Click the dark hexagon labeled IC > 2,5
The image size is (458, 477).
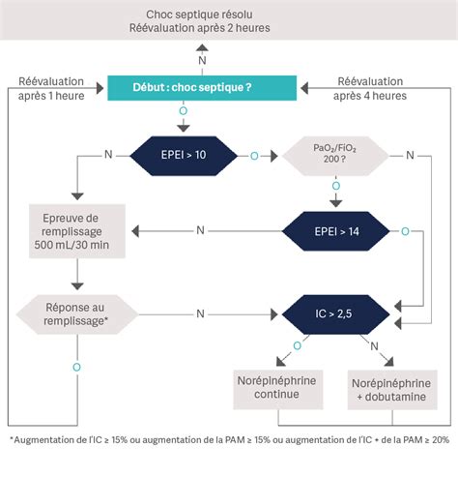point(333,313)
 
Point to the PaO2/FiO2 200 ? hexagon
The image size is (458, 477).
point(333,154)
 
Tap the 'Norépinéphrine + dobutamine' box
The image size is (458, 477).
point(392,388)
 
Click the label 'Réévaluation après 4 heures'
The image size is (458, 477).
point(370,88)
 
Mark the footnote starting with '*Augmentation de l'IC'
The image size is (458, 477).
point(229,439)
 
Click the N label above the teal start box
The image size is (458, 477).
point(202,60)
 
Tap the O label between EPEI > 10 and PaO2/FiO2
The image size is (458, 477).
point(254,155)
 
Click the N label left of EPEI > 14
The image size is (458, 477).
point(200,230)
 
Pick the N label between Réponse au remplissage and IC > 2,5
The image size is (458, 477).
point(200,313)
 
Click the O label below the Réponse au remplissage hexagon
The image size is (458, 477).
point(76,367)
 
